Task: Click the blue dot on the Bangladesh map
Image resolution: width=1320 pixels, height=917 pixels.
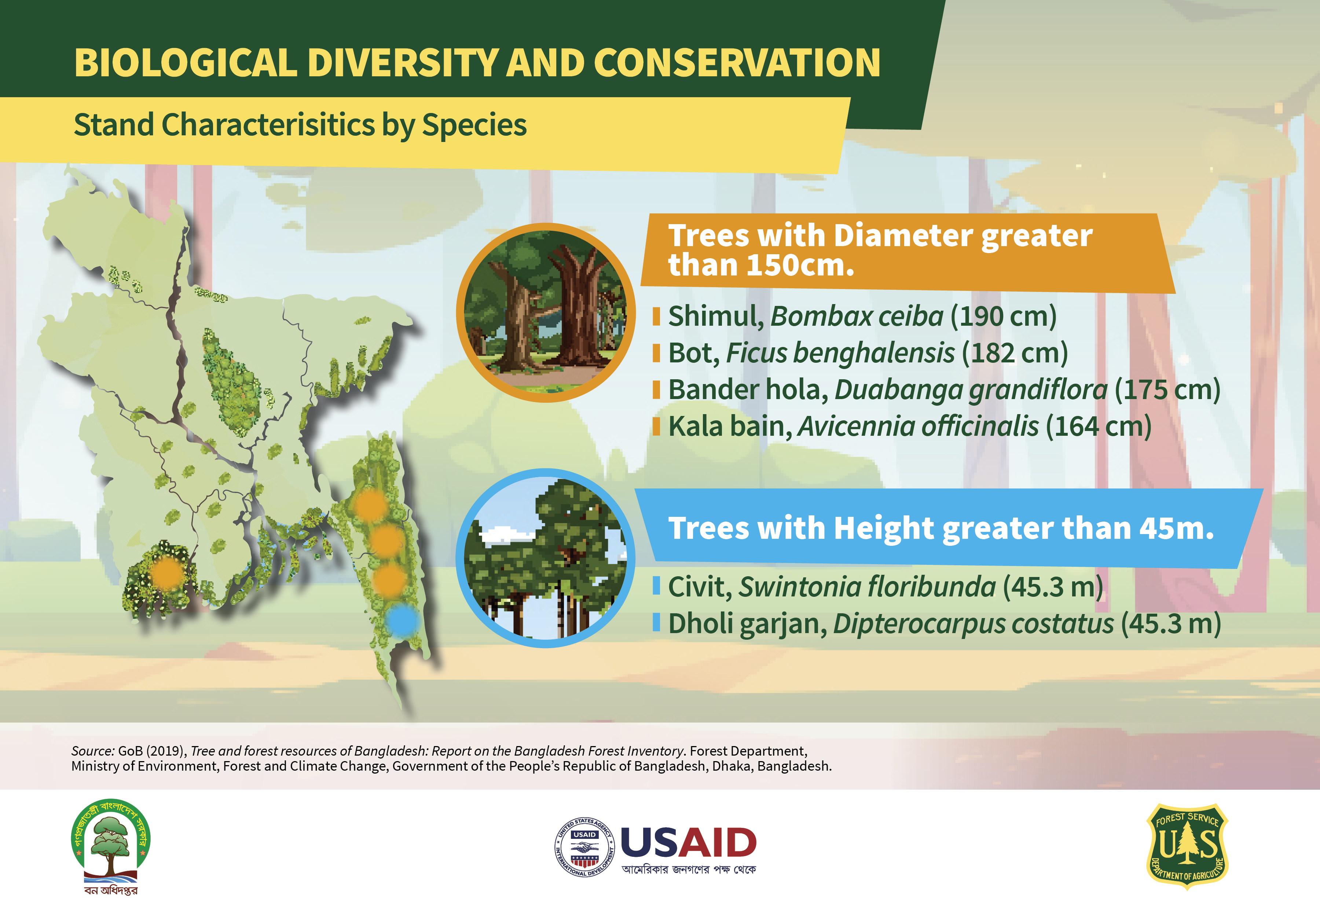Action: coord(403,620)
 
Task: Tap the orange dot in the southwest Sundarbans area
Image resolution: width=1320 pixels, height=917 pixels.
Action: coord(166,573)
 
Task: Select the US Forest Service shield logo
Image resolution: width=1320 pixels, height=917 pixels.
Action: coord(1187,846)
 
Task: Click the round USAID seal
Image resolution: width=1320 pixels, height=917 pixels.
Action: coord(584,847)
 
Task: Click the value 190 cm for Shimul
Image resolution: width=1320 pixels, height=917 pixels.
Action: coord(1004,316)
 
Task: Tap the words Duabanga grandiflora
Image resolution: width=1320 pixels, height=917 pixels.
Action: coord(971,390)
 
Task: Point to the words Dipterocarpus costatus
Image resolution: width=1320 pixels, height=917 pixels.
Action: coord(973,624)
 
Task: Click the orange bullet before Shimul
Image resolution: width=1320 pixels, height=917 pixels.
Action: coord(656,317)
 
